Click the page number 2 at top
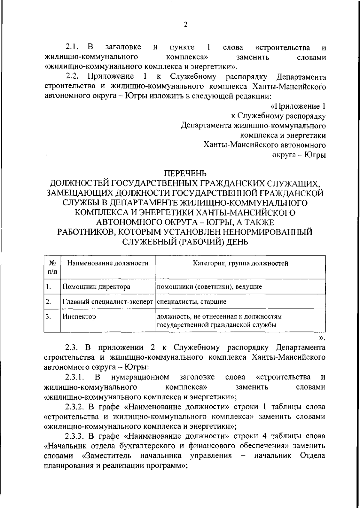click(185, 24)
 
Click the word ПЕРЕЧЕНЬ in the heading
click(185, 174)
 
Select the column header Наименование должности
click(108, 263)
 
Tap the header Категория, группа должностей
click(240, 263)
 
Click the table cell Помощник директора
click(96, 286)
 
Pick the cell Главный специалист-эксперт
click(108, 301)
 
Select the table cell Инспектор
click(79, 316)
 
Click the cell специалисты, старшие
click(192, 301)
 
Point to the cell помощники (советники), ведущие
click(209, 286)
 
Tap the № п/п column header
click(52, 267)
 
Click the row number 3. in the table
click(48, 316)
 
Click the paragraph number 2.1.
click(72, 47)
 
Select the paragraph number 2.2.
click(72, 77)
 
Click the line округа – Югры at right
click(299, 155)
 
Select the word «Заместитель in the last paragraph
click(107, 455)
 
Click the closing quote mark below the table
click(322, 338)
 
